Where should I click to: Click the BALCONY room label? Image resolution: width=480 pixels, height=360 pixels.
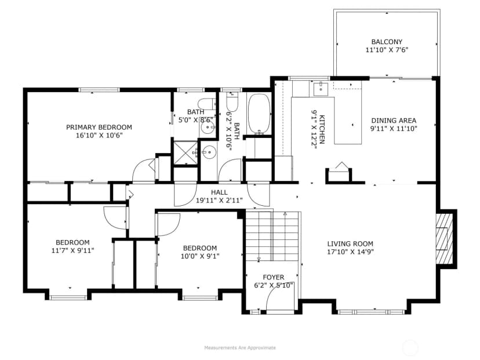387,42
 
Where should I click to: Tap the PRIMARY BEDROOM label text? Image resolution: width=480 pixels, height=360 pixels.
99,127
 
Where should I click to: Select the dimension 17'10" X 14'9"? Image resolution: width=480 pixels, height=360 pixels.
350,252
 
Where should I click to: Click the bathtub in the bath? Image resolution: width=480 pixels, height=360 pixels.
259,114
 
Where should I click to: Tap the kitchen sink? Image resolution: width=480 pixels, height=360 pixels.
321,86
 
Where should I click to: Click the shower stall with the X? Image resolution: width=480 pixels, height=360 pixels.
186,152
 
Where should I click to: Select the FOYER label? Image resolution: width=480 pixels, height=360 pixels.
274,277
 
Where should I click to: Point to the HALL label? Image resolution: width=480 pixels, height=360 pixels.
219,192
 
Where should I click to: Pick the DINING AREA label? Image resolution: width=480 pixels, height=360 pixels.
394,121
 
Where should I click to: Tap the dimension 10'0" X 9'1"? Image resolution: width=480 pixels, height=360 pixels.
200,256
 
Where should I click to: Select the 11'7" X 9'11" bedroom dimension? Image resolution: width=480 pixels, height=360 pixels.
73,250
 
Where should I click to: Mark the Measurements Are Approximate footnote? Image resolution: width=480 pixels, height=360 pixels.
240,348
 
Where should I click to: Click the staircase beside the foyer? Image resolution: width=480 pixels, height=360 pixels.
272,236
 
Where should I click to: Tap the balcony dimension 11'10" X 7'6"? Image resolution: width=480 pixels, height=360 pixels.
387,50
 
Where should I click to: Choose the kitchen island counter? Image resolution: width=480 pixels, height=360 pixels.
348,121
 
